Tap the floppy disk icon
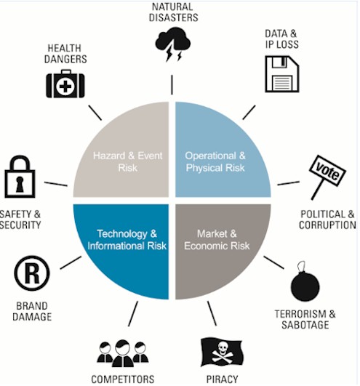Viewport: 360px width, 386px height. [x=282, y=74]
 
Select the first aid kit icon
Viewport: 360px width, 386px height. [x=65, y=84]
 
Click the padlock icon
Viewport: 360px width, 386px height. [x=20, y=177]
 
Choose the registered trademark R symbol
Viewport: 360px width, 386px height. [x=32, y=273]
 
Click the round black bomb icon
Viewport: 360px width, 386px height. [x=305, y=282]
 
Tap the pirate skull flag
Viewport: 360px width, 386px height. [x=222, y=353]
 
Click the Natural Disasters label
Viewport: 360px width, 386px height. [x=173, y=12]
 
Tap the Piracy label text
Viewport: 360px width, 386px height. [x=222, y=379]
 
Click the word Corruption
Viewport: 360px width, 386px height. [x=327, y=225]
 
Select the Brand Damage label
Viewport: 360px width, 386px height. [x=32, y=311]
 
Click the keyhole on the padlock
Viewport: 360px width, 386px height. [x=19, y=183]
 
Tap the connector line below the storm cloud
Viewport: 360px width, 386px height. [x=172, y=84]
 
